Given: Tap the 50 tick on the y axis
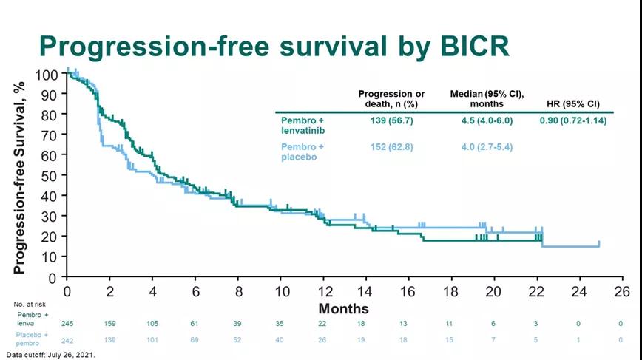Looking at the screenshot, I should click(50, 176).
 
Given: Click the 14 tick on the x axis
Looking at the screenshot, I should click(365, 291).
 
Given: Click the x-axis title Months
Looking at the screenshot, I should click(343, 308).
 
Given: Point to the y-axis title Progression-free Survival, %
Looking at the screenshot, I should click(20, 173).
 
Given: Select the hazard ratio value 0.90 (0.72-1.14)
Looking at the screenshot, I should click(573, 120).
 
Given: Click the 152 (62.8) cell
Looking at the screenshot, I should click(391, 147).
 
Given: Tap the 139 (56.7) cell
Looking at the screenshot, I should click(391, 120).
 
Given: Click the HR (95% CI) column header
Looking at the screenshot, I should click(573, 103).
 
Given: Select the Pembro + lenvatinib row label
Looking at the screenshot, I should click(303, 125).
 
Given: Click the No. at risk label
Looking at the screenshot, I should click(30, 304).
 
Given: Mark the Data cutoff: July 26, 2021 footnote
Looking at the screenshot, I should click(48, 355).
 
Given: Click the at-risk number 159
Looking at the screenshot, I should click(109, 322).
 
